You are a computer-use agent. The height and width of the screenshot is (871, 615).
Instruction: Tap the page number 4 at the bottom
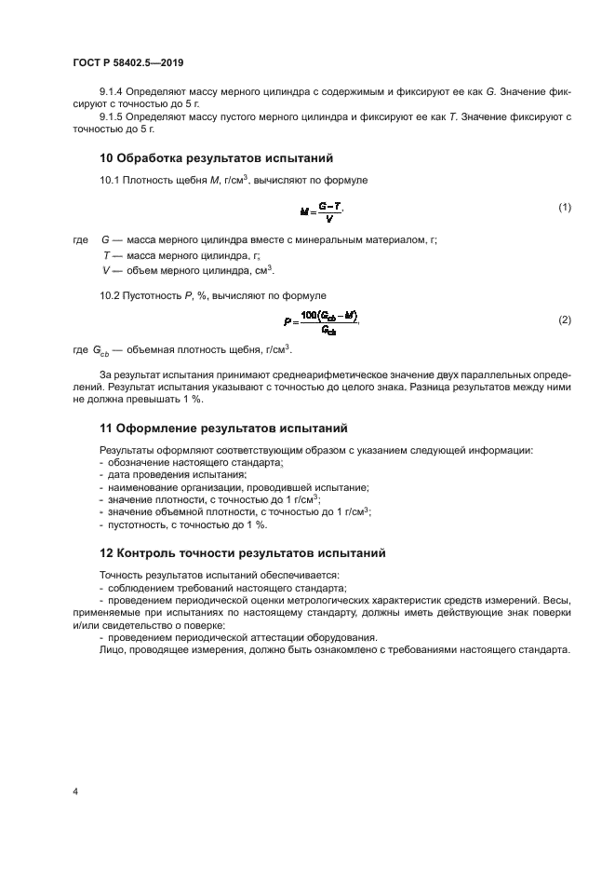pyautogui.click(x=74, y=792)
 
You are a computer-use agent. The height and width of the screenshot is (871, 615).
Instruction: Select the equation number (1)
pyautogui.click(x=564, y=207)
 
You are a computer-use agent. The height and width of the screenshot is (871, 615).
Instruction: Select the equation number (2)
pyautogui.click(x=564, y=320)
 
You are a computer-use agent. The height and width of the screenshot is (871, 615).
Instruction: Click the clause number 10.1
pyautogui.click(x=111, y=179)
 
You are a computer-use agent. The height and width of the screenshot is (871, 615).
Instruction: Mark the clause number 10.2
pyautogui.click(x=111, y=294)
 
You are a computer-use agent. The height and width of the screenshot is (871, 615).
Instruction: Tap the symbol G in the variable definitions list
pyautogui.click(x=105, y=240)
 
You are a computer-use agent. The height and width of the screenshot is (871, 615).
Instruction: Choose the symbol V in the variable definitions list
pyautogui.click(x=105, y=270)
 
